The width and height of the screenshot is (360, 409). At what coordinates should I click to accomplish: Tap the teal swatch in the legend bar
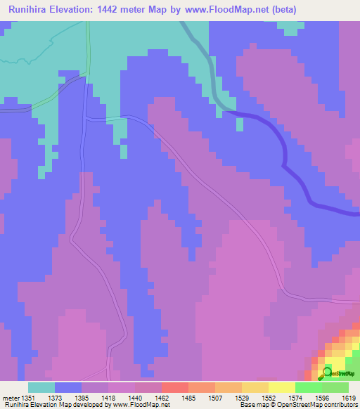(x=41, y=387)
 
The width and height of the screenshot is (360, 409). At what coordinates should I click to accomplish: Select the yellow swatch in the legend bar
(x=282, y=387)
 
